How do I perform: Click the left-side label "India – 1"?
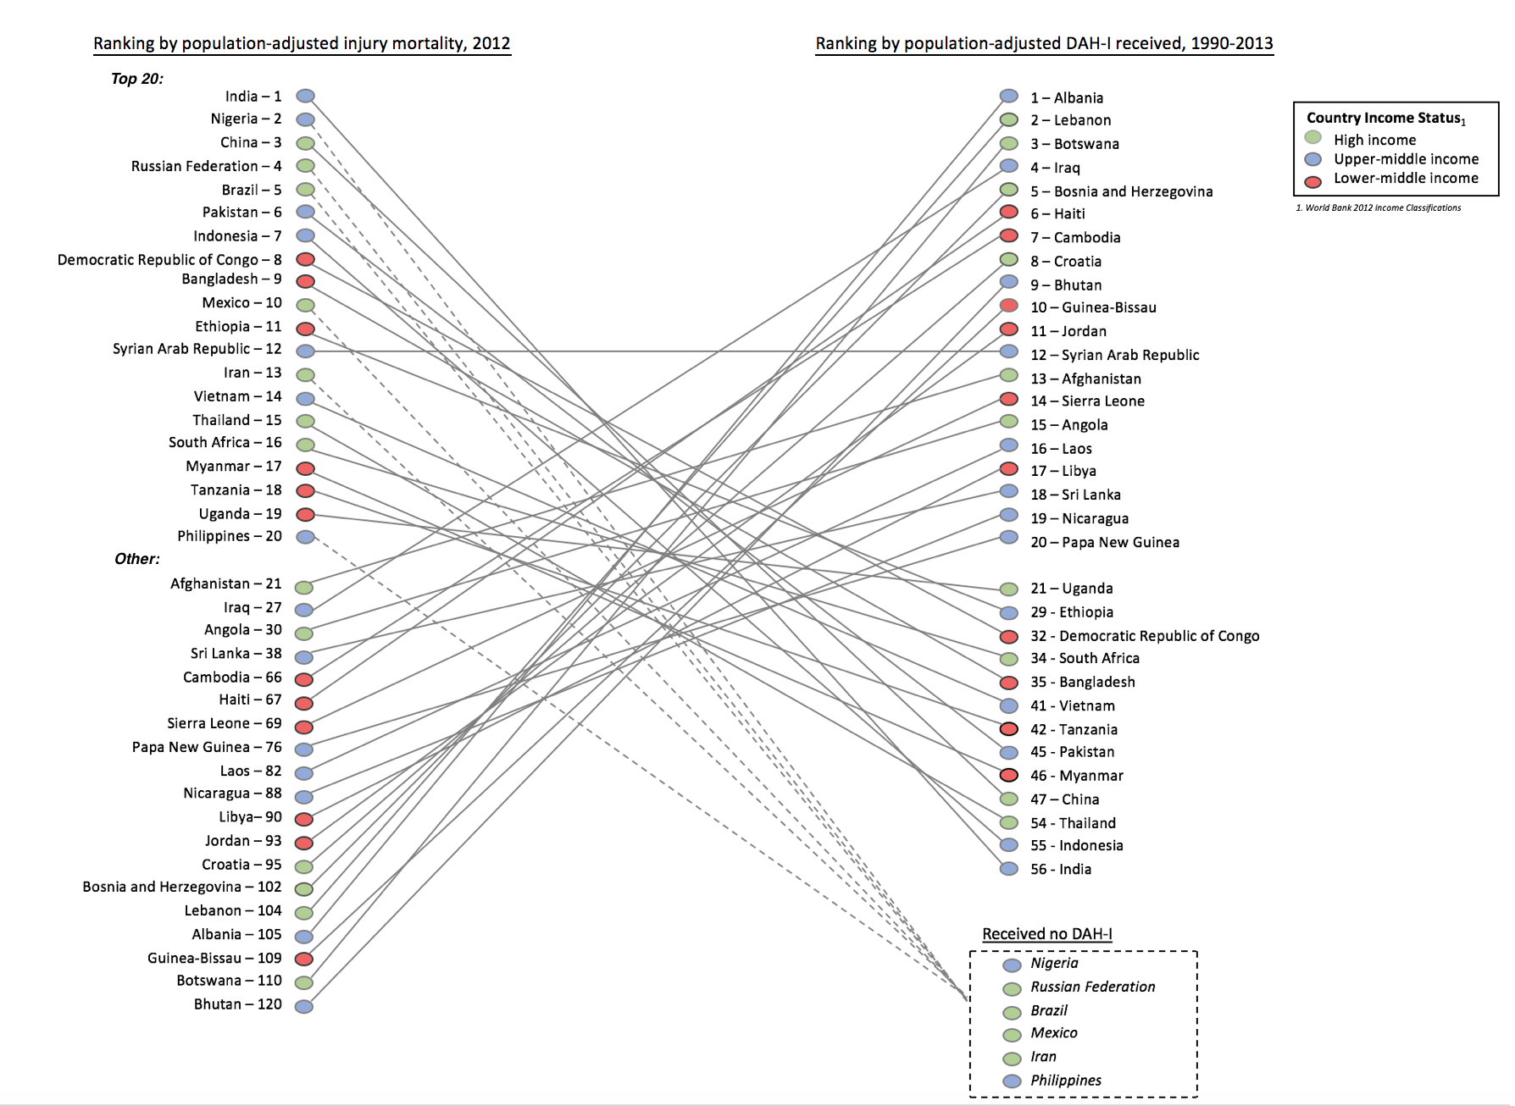252,97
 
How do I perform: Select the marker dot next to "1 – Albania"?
1008,97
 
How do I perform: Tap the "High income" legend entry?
1373,140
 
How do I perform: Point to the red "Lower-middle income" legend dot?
1313,181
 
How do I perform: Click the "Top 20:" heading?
137,79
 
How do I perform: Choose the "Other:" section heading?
137,559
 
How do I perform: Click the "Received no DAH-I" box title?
1046,934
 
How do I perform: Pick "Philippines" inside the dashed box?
1065,1081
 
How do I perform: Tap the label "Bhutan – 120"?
237,1004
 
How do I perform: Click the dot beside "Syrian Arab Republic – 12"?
305,351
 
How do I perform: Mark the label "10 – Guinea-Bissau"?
1092,307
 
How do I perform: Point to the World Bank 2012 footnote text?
1378,207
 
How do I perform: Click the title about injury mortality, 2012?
302,43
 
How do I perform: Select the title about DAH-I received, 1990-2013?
1044,43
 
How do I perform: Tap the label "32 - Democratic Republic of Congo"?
1144,636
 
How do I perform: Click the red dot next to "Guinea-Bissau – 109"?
304,959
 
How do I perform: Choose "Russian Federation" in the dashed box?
1092,987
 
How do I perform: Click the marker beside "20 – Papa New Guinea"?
1008,537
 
